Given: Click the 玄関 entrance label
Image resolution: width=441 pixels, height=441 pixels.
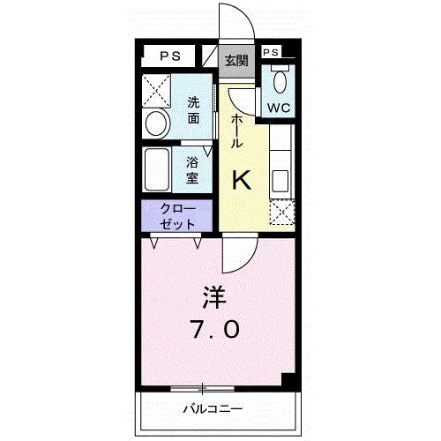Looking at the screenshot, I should (x=235, y=61).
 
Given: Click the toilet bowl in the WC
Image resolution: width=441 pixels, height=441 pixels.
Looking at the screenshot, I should (x=280, y=82).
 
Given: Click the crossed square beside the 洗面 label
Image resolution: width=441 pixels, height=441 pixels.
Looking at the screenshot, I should (x=158, y=90).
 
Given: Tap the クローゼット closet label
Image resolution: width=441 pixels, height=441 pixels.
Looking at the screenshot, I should (x=176, y=216).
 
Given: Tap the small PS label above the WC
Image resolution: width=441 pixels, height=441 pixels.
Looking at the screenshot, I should (x=271, y=53).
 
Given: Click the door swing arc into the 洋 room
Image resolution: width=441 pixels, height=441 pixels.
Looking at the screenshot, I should (x=236, y=257).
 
